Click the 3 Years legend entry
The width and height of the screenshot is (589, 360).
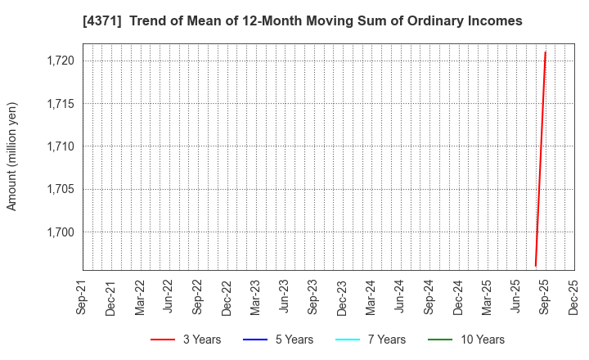(x=186, y=340)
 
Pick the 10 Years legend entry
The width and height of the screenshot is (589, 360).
(x=466, y=340)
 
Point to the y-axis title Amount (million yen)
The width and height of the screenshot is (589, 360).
(x=12, y=156)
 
